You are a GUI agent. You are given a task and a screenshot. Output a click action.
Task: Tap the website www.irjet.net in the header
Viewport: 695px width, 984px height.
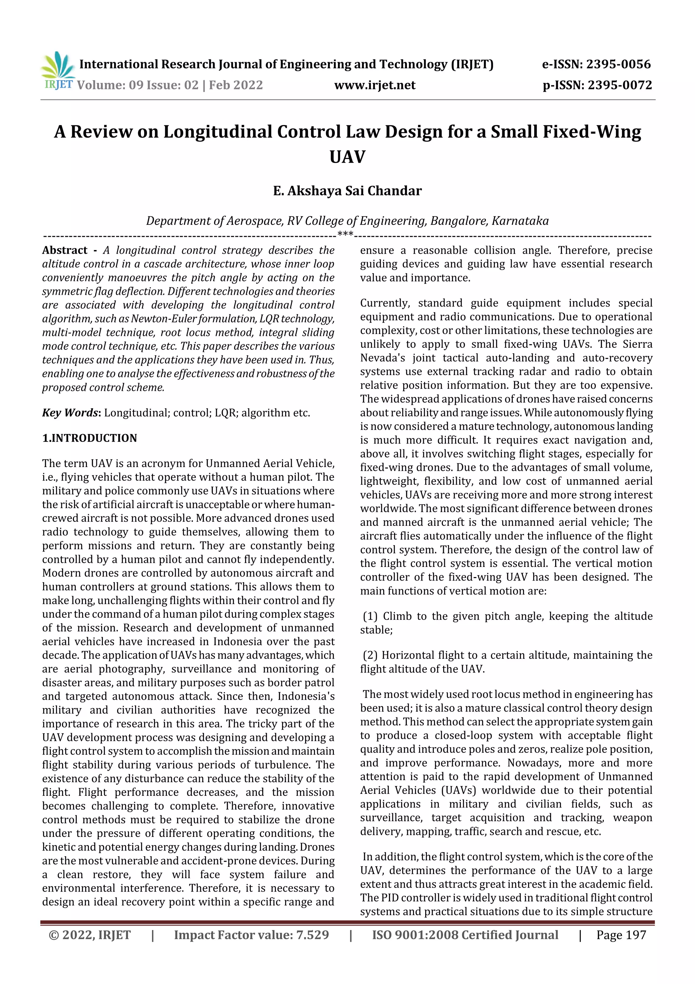(x=375, y=85)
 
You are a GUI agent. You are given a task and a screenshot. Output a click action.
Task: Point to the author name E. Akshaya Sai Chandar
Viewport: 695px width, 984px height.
(x=347, y=191)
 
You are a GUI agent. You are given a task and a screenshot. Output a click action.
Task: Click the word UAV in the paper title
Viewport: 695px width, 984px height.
(x=347, y=157)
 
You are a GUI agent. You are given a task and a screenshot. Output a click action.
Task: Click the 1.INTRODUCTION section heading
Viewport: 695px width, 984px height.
(x=90, y=438)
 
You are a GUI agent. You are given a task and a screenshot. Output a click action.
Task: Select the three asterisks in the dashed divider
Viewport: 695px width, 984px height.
(x=345, y=234)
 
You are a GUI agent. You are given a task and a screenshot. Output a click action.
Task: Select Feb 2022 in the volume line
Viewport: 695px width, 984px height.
(x=236, y=85)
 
